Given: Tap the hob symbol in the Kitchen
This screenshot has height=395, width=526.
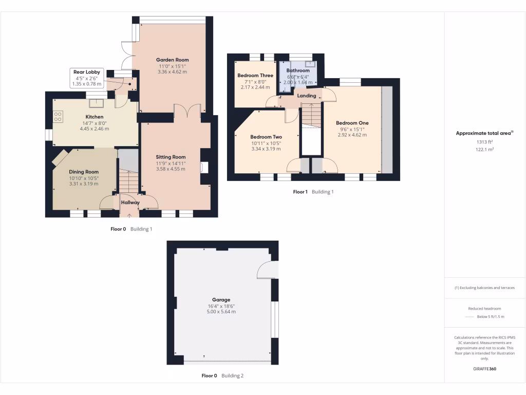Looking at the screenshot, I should pyautogui.click(x=58, y=117).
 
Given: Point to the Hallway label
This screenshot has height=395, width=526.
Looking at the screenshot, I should pyautogui.click(x=130, y=203).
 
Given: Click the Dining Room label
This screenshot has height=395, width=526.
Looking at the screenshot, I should pyautogui.click(x=84, y=172).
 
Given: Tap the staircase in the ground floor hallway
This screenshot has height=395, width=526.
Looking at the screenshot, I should pyautogui.click(x=128, y=182).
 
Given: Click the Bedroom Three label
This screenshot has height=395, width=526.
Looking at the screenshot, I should pyautogui.click(x=255, y=76).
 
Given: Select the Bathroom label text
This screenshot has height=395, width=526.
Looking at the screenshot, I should pyautogui.click(x=298, y=70).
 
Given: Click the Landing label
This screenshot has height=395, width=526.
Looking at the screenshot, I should pyautogui.click(x=307, y=96).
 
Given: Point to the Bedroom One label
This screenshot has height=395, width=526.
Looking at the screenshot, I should pyautogui.click(x=352, y=123).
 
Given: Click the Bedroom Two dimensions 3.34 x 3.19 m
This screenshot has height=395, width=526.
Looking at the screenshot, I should pyautogui.click(x=266, y=149).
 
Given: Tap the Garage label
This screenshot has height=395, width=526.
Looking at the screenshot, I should pyautogui.click(x=221, y=299).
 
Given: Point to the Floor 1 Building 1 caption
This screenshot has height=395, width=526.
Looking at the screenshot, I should pyautogui.click(x=313, y=192).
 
